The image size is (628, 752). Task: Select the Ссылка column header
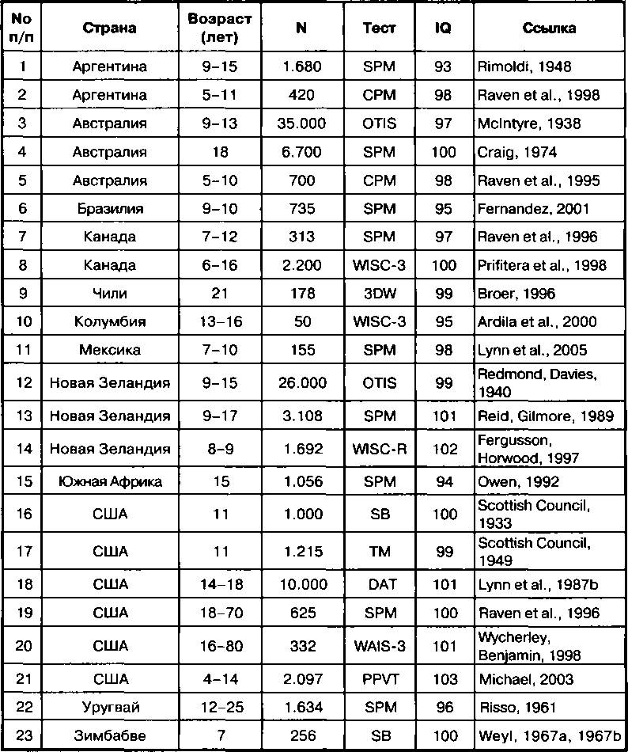pyautogui.click(x=549, y=28)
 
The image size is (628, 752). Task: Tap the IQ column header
pyautogui.click(x=445, y=28)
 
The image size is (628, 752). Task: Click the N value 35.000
pyautogui.click(x=301, y=123)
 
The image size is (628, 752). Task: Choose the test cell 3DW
pyautogui.click(x=379, y=294)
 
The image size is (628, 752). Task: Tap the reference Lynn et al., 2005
pyautogui.click(x=532, y=351)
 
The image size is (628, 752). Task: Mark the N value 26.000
pyautogui.click(x=301, y=383)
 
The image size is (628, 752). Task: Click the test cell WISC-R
pyautogui.click(x=379, y=449)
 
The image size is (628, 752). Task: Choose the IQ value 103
pyautogui.click(x=445, y=679)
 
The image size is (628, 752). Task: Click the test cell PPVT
pyautogui.click(x=379, y=679)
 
